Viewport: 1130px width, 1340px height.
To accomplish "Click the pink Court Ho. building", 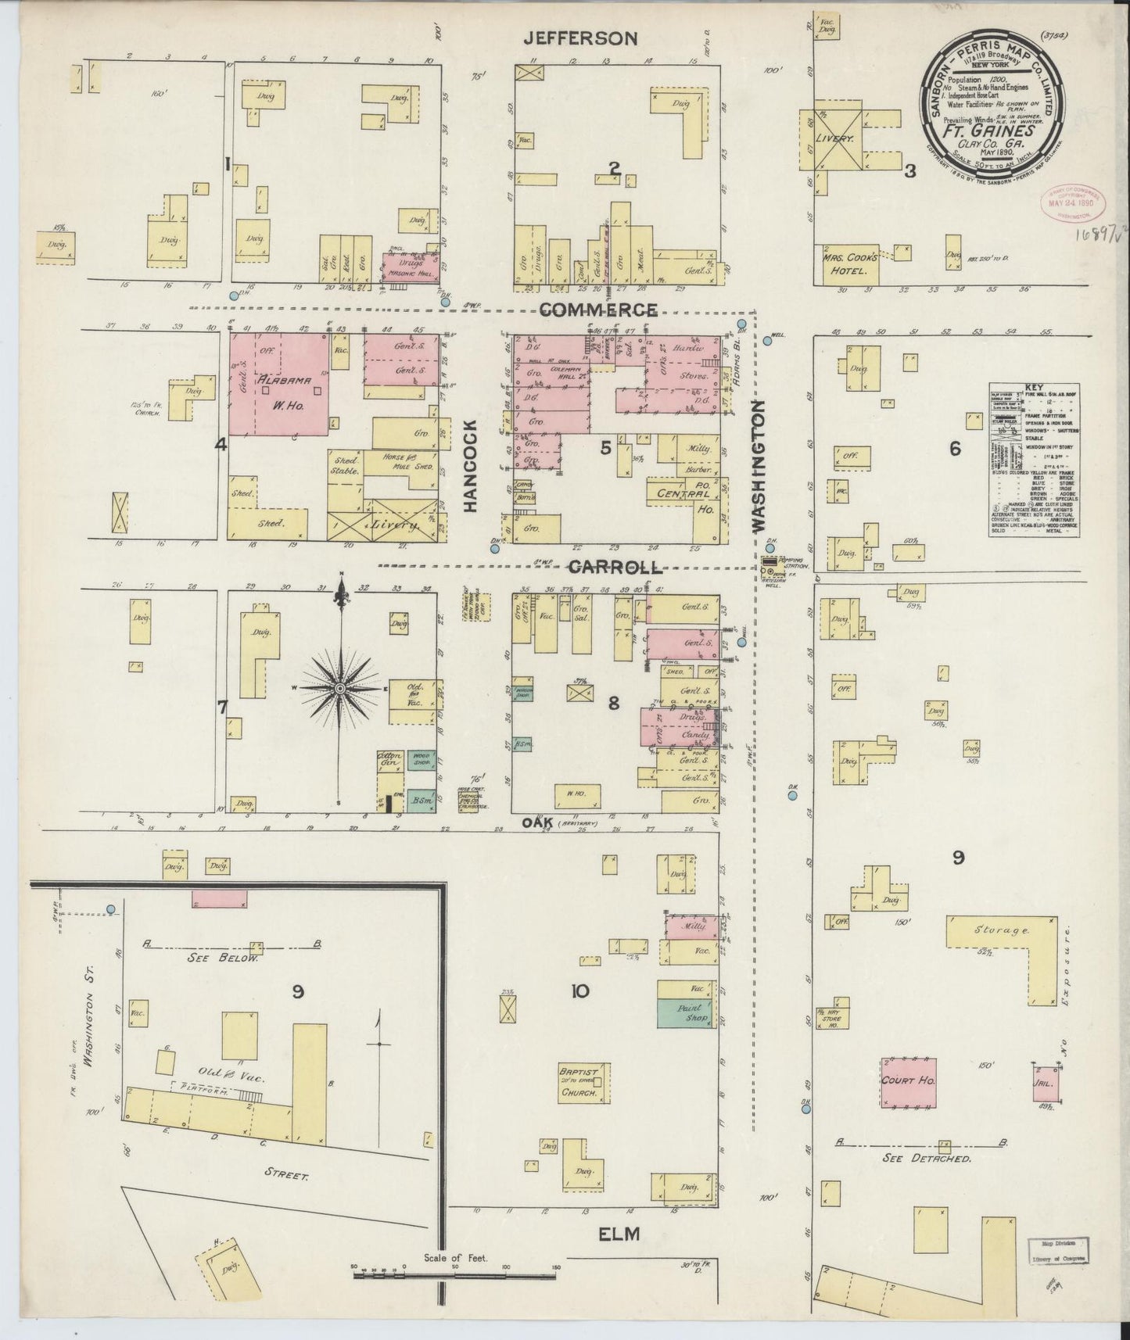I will pos(909,1082).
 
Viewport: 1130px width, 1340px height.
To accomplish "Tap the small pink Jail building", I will pos(1045,1084).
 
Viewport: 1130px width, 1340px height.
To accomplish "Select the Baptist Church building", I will pos(579,1082).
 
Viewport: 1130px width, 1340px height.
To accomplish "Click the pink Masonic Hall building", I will pos(410,267).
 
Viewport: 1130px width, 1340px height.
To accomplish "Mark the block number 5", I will pos(605,448).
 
